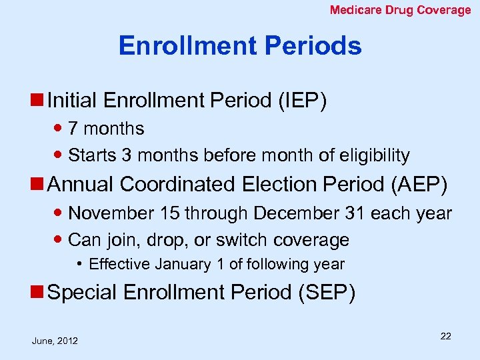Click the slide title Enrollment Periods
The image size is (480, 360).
tap(240, 46)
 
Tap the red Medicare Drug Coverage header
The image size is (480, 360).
tap(400, 10)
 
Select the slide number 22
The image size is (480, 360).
tap(445, 336)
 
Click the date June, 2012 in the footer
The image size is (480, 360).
tap(55, 341)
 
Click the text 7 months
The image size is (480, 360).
tap(106, 128)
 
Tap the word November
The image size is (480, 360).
tap(111, 214)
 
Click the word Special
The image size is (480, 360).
tap(81, 292)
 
